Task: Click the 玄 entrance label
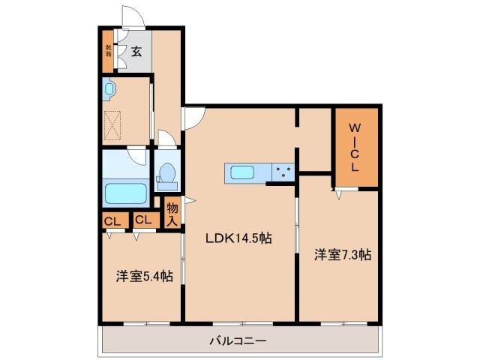coord(137,52)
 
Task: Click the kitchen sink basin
coord(243,172)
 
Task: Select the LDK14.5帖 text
coord(240,238)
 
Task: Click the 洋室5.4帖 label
coord(144,276)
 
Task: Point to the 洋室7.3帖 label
coord(342,254)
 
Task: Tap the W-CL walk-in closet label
coord(355,148)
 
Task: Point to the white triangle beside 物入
coord(190,200)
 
